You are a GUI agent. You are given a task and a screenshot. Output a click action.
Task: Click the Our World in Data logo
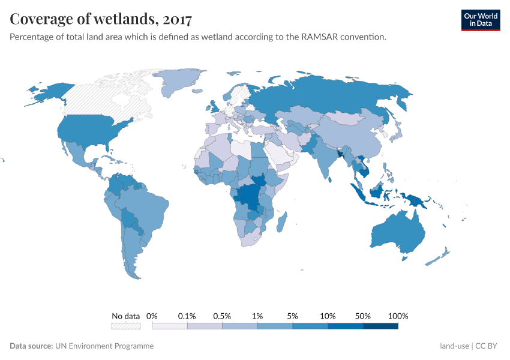(480, 20)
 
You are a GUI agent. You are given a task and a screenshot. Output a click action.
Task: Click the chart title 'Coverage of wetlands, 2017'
(101, 19)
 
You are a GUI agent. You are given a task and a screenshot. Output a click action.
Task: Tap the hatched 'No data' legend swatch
(126, 326)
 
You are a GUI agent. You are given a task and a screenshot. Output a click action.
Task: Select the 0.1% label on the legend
(187, 316)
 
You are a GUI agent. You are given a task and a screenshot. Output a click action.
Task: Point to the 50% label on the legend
(363, 316)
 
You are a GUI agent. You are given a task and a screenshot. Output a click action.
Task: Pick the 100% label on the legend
(398, 316)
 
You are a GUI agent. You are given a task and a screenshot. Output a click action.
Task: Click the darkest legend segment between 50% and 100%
(380, 326)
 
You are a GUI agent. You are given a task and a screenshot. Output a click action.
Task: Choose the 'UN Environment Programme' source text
(104, 346)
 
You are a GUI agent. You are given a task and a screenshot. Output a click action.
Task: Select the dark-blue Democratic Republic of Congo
(247, 198)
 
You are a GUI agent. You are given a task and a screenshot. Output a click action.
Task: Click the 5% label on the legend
(293, 316)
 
